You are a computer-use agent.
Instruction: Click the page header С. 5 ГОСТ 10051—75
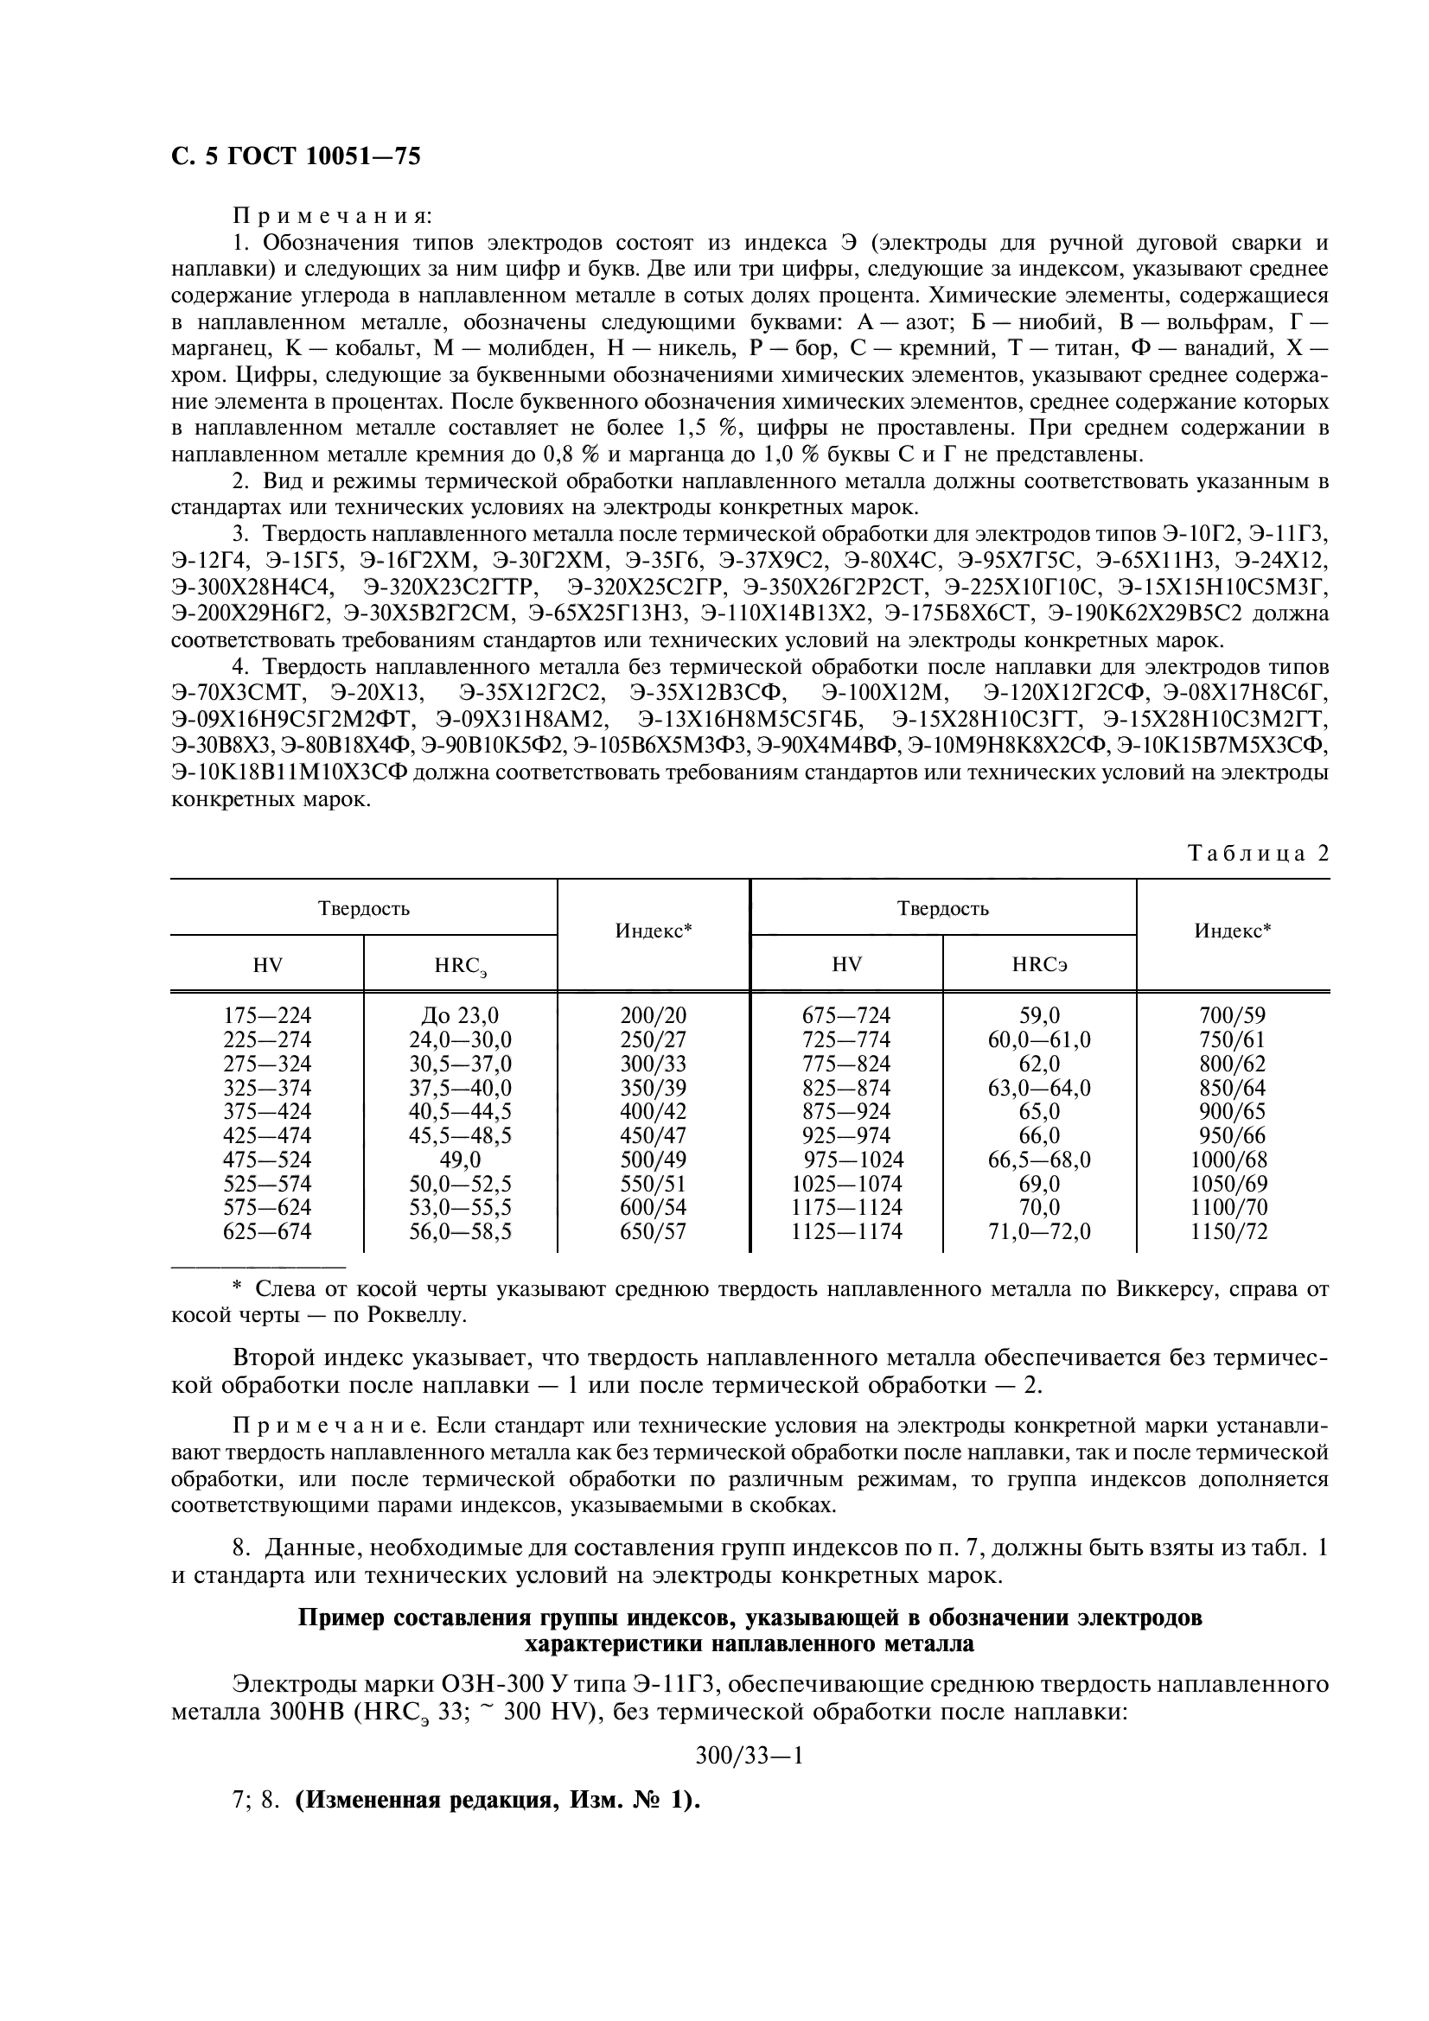(x=295, y=156)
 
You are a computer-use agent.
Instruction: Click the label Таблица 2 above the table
(x=1258, y=853)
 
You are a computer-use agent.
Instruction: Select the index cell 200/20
(x=654, y=1015)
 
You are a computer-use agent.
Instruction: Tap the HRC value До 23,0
(x=460, y=1015)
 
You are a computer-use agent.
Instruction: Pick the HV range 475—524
(x=267, y=1160)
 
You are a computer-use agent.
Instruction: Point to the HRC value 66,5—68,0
(x=1039, y=1160)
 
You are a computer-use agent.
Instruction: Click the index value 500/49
(x=654, y=1160)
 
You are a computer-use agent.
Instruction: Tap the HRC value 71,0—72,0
(x=1039, y=1231)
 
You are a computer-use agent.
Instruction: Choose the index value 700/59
(x=1232, y=1015)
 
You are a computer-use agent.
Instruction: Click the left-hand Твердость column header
(x=363, y=908)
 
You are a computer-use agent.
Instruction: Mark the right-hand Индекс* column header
(x=1232, y=931)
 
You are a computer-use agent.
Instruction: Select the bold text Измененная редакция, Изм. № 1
(x=497, y=1800)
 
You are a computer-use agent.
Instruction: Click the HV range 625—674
(x=267, y=1231)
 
